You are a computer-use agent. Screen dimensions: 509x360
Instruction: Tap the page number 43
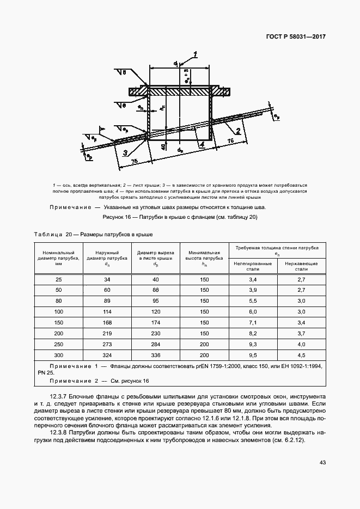322,463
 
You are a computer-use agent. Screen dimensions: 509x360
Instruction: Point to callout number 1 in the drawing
194,54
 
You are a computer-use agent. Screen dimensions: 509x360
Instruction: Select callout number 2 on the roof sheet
238,131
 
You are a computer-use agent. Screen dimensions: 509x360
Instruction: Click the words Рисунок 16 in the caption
117,217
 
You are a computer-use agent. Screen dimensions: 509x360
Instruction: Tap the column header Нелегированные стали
253,266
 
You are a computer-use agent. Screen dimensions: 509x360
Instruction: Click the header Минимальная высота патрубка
204,256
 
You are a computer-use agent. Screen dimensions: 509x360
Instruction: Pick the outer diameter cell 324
106,354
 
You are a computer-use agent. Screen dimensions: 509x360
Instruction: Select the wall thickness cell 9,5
253,354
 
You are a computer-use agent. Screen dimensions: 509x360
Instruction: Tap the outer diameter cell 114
106,311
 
